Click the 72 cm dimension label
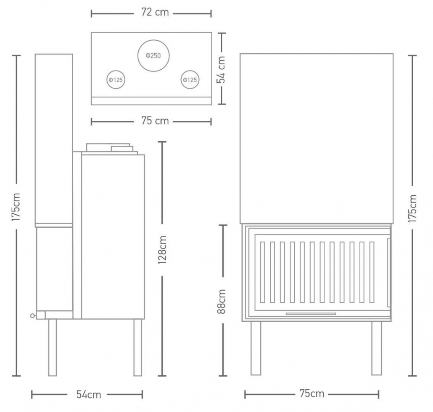pyautogui.click(x=155, y=13)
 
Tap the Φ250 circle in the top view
pyautogui.click(x=153, y=40)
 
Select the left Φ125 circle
pyautogui.click(x=116, y=71)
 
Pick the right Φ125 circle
pyautogui.click(x=190, y=71)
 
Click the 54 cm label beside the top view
pyautogui.click(x=221, y=70)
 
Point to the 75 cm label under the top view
pyautogui.click(x=155, y=121)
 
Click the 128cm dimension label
pyautogui.click(x=162, y=250)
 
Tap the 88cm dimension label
pyautogui.click(x=222, y=302)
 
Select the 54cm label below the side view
pyautogui.click(x=89, y=395)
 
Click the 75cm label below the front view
pyautogui.click(x=312, y=394)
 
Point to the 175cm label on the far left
pyautogui.click(x=16, y=207)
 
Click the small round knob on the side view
pyautogui.click(x=33, y=315)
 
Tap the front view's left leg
pyautogui.click(x=256, y=348)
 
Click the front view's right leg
pyautogui.click(x=377, y=348)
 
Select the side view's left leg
pyautogui.click(x=53, y=348)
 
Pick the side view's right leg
pyautogui.click(x=138, y=348)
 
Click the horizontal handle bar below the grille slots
pyautogui.click(x=311, y=314)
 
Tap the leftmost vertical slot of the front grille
pyautogui.click(x=262, y=272)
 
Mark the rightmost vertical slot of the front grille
pyautogui.click(x=372, y=272)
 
